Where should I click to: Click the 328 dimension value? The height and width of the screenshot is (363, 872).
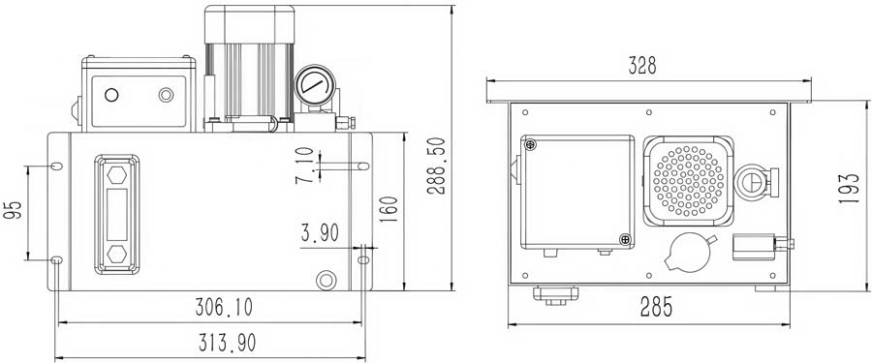(x=642, y=66)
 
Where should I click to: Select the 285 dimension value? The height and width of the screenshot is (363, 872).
(x=656, y=306)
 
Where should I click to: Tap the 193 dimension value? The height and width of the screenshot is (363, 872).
(x=850, y=188)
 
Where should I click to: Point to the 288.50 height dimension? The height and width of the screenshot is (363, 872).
(x=436, y=166)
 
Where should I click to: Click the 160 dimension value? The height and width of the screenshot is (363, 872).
(x=389, y=209)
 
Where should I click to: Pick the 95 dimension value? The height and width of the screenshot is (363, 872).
(x=13, y=209)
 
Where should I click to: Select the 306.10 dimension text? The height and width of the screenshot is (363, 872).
(x=224, y=307)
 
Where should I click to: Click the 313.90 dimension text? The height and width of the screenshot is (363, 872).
(x=227, y=343)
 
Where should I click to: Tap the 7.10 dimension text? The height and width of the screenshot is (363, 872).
(x=305, y=166)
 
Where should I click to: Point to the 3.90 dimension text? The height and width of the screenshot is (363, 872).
(x=320, y=233)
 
